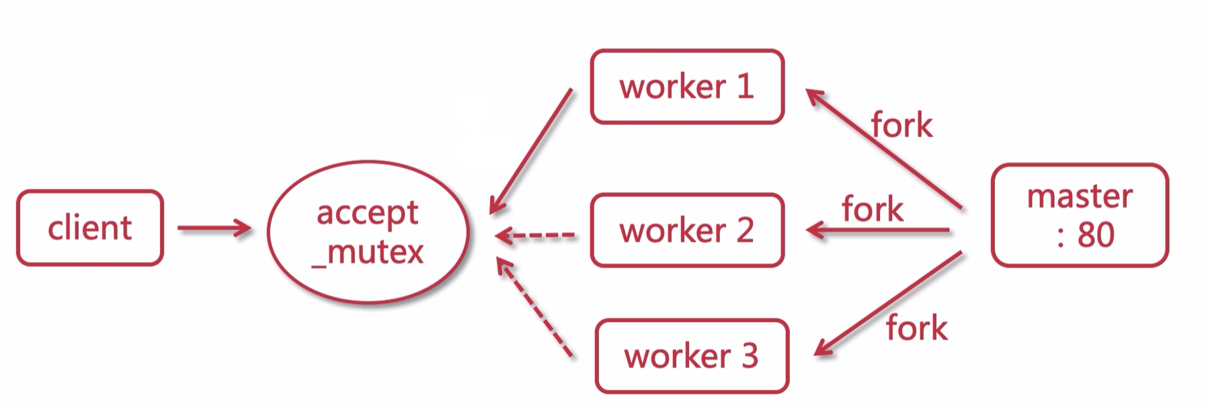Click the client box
(x=90, y=228)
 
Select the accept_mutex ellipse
(x=368, y=232)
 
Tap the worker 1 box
(x=687, y=87)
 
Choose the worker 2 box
(x=687, y=231)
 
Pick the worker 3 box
(x=692, y=356)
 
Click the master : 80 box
(x=1080, y=215)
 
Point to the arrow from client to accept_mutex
(x=214, y=229)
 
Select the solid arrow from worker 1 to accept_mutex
(x=531, y=151)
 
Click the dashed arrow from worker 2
(x=536, y=235)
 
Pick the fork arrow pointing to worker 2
(x=877, y=231)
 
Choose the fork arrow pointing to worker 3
(x=887, y=303)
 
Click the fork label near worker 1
(x=901, y=126)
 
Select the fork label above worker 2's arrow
(x=872, y=209)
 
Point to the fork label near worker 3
(x=916, y=329)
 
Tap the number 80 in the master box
(x=1096, y=235)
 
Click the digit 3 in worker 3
(x=750, y=356)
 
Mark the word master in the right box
(x=1080, y=196)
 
